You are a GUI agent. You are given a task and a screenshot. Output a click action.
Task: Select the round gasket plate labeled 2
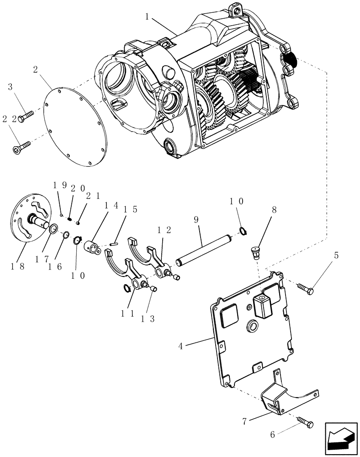pos(75,123)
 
